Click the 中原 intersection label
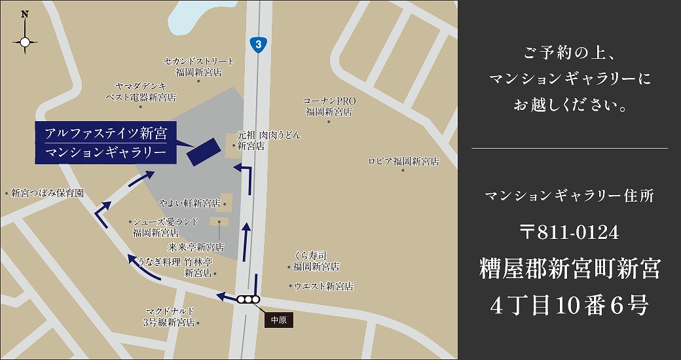pos(278,320)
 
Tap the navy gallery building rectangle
pos(204,151)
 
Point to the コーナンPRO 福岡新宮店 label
pos(329,106)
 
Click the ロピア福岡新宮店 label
pos(403,161)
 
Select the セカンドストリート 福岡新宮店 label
pos(198,66)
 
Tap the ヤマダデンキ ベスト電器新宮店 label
pos(141,92)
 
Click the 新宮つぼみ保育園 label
pos(46,194)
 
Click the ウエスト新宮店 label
pos(323,286)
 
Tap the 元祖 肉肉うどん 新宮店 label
pos(268,140)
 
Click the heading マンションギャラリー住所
pos(569,196)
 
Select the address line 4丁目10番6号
pos(569,305)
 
